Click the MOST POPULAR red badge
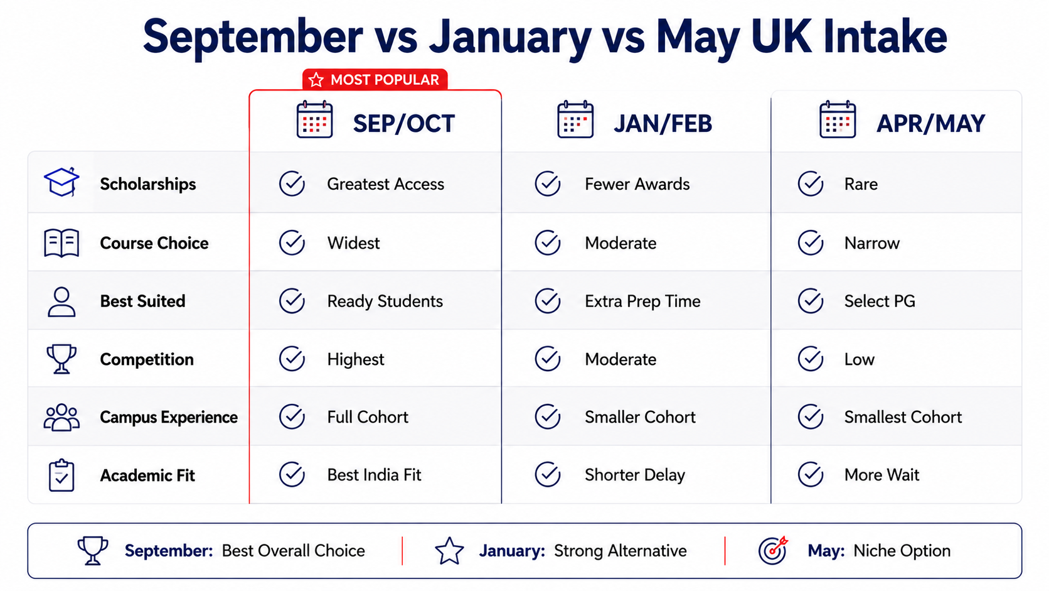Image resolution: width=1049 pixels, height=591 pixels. tap(375, 79)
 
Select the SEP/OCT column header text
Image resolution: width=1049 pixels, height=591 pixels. tap(403, 124)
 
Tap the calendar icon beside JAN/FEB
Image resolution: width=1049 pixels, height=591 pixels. tap(575, 119)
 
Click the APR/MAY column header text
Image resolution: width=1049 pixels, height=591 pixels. tap(930, 124)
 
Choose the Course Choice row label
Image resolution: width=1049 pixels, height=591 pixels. tap(154, 243)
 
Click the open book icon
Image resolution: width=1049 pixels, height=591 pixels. tap(61, 243)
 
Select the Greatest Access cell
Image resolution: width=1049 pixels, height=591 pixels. tap(385, 184)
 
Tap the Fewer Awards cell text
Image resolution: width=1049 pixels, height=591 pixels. tap(637, 184)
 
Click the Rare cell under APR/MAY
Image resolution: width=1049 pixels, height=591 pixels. tap(861, 184)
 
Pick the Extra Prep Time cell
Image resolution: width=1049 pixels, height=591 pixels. tap(642, 301)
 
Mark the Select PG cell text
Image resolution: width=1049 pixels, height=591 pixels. tap(880, 301)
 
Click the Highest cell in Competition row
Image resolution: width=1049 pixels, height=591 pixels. tap(356, 359)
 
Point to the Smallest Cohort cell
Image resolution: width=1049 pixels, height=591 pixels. tap(903, 417)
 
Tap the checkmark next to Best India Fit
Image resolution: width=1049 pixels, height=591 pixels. tap(292, 474)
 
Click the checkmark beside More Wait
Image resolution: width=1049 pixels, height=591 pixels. tap(811, 474)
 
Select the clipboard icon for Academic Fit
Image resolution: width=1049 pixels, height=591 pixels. tap(61, 475)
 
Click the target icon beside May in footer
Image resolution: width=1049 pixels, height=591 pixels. tap(773, 550)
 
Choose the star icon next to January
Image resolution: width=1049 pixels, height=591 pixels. tap(449, 551)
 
